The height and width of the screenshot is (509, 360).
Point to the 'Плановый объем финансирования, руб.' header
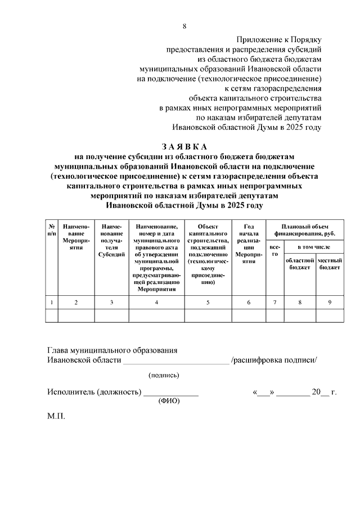coord(305,229)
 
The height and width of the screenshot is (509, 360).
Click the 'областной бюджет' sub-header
coord(299,264)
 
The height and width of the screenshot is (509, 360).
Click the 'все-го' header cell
coord(275,251)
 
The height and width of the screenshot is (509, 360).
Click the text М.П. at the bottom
coord(57,418)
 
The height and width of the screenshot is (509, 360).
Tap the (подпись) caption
coord(164,375)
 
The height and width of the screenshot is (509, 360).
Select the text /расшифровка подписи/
coord(274,361)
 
